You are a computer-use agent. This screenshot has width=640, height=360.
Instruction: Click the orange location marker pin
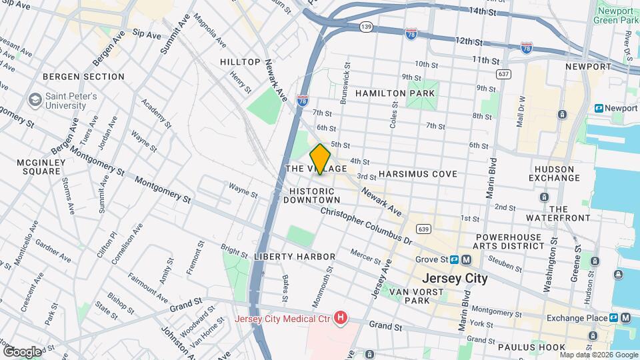pyautogui.click(x=320, y=159)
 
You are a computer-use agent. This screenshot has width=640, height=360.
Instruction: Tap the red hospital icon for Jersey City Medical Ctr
pyautogui.click(x=341, y=318)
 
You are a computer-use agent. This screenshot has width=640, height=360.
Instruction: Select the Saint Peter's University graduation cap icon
pyautogui.click(x=34, y=101)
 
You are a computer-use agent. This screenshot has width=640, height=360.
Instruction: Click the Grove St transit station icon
pyautogui.click(x=460, y=259)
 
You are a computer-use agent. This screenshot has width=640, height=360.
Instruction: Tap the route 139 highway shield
pyautogui.click(x=365, y=26)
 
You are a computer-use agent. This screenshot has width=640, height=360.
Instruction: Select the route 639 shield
pyautogui.click(x=422, y=229)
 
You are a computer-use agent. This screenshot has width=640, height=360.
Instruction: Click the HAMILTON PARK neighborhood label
pyautogui.click(x=395, y=93)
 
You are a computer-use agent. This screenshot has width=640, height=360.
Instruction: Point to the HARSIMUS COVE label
pyautogui.click(x=417, y=173)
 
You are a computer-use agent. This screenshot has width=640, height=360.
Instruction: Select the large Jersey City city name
pyautogui.click(x=455, y=278)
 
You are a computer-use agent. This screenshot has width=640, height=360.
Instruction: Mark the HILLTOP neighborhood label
pyautogui.click(x=240, y=62)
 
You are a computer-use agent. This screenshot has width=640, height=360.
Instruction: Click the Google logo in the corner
pyautogui.click(x=22, y=351)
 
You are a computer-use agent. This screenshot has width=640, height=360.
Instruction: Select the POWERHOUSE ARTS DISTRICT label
pyautogui.click(x=509, y=241)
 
